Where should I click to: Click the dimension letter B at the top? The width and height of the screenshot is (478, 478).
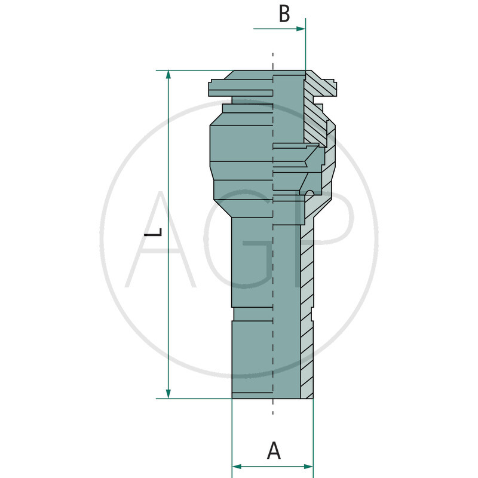pos(284,14)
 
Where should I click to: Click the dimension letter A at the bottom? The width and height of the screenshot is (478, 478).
pos(273,451)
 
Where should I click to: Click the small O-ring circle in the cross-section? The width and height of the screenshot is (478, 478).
pos(310,192)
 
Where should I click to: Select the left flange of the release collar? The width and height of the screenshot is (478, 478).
pos(219,88)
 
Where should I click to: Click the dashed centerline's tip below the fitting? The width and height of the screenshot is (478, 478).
pos(273,411)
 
